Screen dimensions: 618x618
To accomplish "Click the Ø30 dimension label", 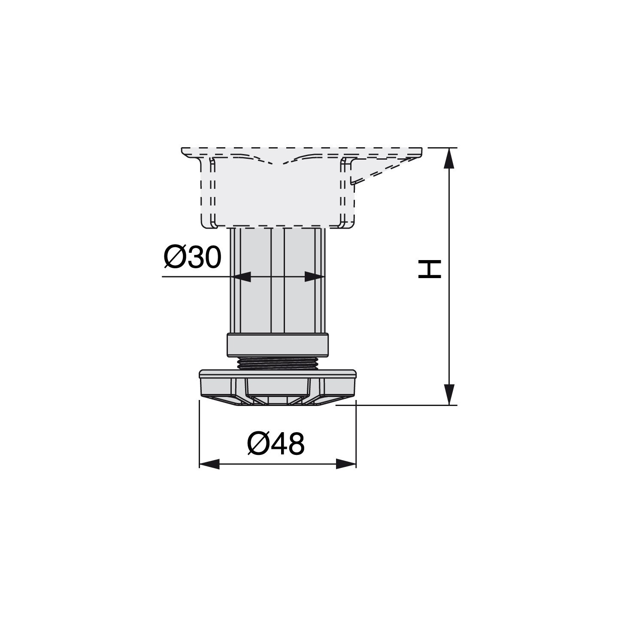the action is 192,257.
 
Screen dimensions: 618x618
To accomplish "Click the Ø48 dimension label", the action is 276,444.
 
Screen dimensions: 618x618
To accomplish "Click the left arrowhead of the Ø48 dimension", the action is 209,464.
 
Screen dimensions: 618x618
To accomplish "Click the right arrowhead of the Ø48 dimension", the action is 346,464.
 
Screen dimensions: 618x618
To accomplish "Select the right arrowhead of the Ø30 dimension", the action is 314,276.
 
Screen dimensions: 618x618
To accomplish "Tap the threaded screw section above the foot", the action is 277,363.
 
